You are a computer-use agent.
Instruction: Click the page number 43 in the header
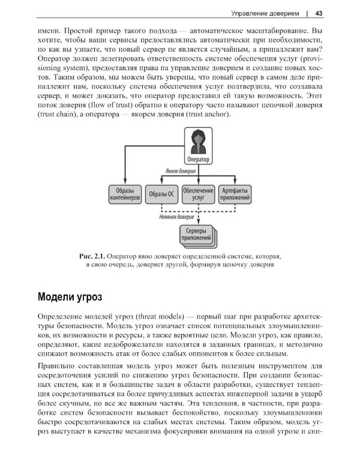click(x=319, y=13)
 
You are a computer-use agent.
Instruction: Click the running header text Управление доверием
click(x=265, y=13)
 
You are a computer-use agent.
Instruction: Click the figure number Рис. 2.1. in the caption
click(x=93, y=256)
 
